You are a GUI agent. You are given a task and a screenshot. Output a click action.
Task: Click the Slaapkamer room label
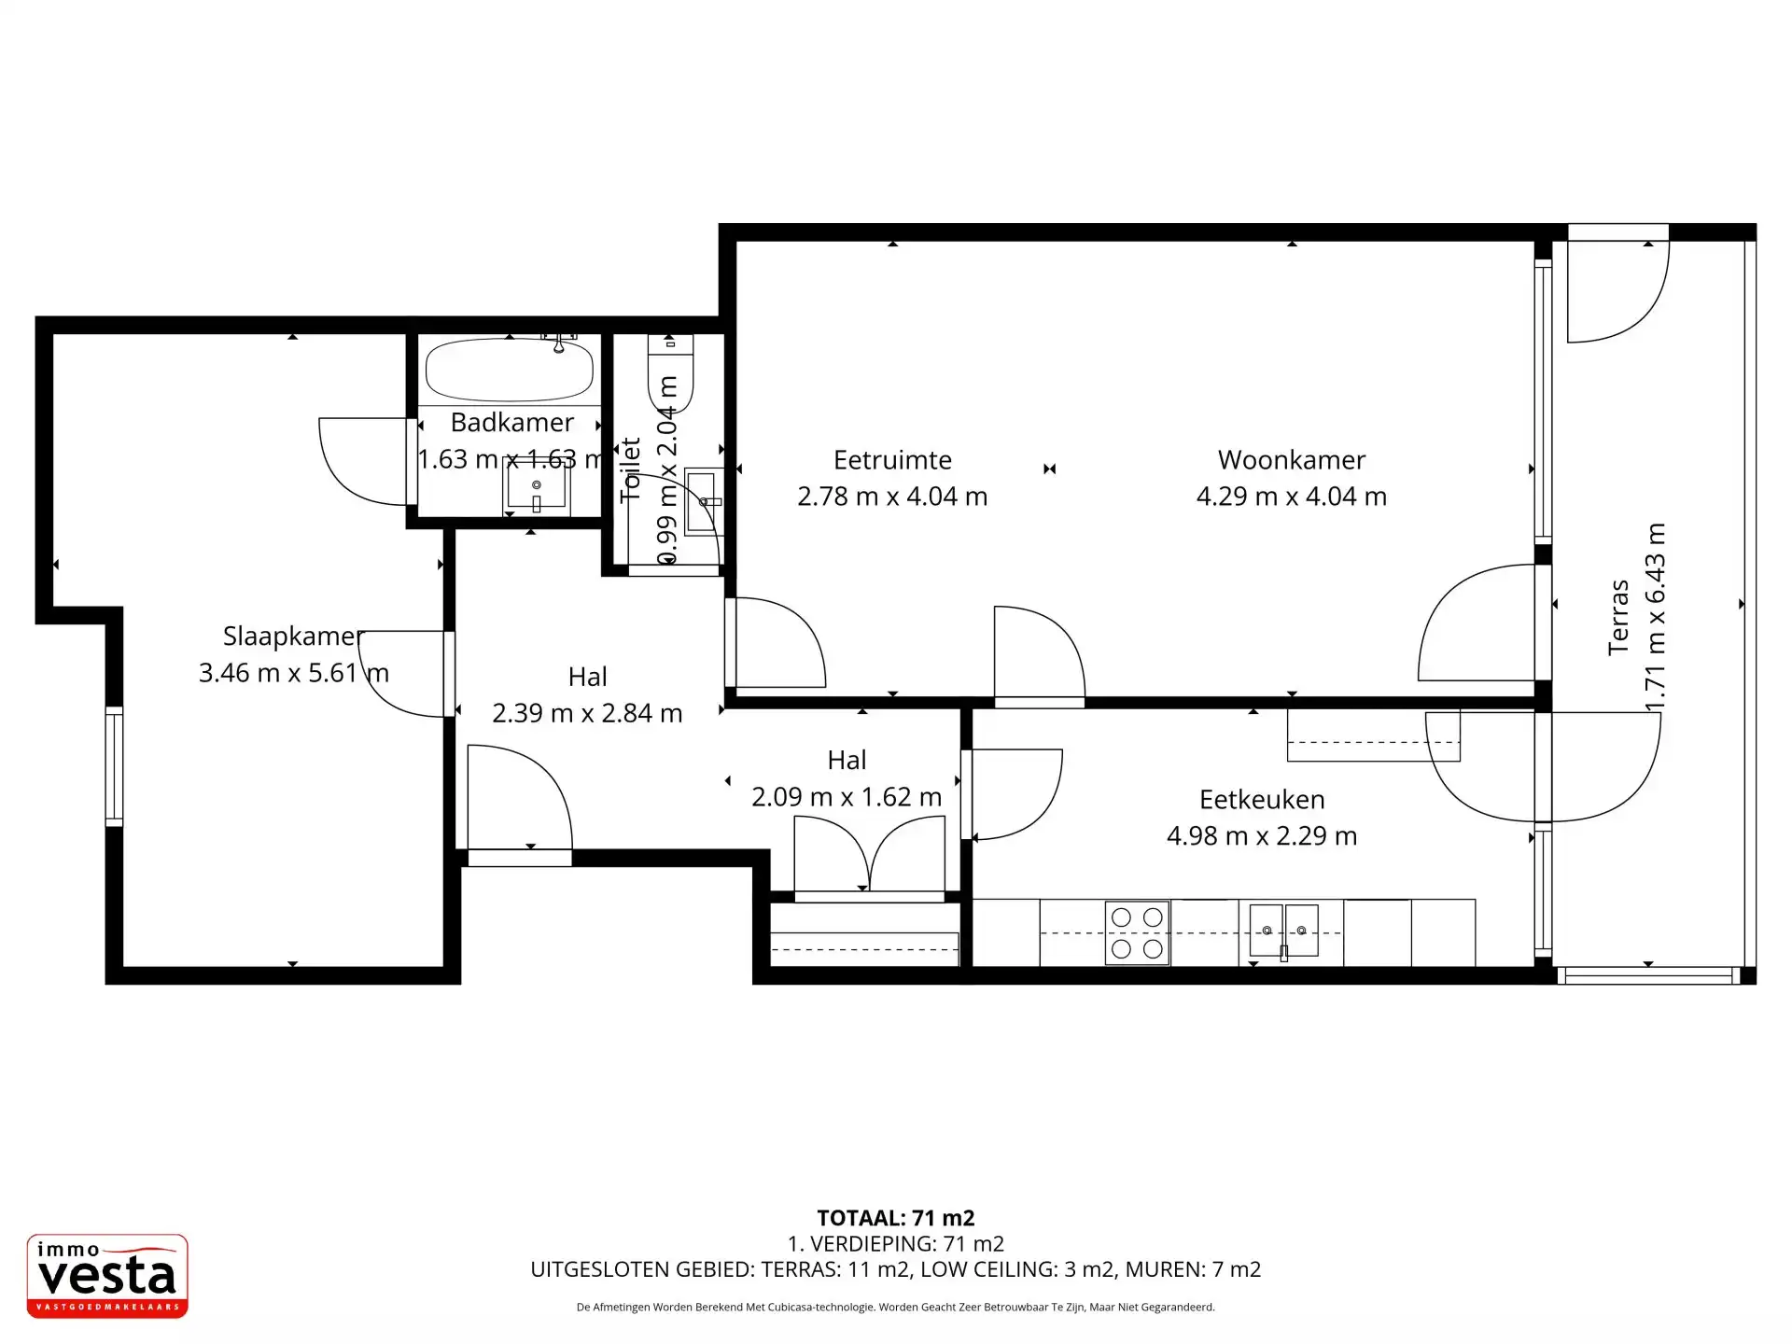[293, 636]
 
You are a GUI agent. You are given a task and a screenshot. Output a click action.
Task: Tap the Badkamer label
[511, 422]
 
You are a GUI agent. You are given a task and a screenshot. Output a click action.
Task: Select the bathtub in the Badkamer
[510, 370]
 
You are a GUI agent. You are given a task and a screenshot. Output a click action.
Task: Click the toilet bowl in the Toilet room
[670, 374]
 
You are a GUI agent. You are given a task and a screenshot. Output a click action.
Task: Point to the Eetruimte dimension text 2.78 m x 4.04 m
[892, 497]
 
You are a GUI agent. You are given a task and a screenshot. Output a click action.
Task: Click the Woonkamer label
[1292, 460]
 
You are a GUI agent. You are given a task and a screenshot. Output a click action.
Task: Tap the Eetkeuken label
[1262, 800]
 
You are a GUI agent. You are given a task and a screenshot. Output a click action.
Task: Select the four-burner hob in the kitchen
[1137, 932]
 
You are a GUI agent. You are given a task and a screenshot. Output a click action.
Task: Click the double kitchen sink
[1284, 931]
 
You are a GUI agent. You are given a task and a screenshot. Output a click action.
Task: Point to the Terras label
[1618, 617]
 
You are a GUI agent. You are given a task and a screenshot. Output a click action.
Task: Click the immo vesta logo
[107, 1276]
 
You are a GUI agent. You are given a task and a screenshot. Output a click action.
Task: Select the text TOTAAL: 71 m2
[896, 1218]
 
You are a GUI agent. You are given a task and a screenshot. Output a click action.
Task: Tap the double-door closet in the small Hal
[869, 854]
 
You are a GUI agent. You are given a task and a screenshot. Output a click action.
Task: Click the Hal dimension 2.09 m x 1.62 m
[847, 797]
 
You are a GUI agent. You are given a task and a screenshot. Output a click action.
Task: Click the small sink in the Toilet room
[704, 502]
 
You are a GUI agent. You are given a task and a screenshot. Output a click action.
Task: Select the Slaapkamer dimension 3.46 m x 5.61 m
[293, 673]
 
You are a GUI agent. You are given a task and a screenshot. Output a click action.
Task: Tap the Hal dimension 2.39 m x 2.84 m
[587, 713]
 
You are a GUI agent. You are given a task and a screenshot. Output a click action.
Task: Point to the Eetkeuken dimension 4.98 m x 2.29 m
[1262, 836]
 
